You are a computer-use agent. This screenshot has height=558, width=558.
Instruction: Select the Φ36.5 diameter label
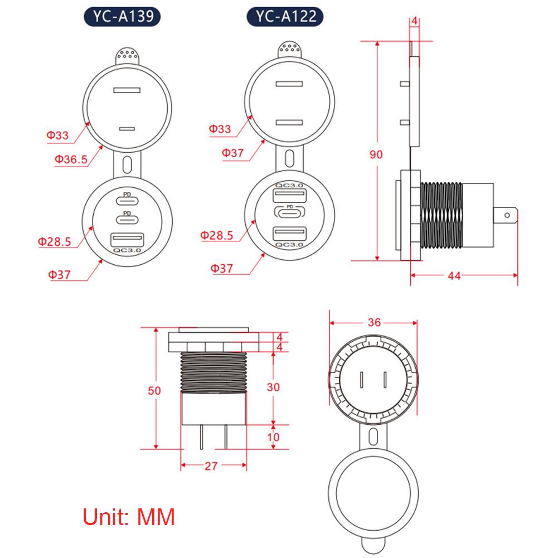(x=71, y=160)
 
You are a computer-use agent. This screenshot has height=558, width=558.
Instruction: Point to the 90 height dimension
(x=376, y=154)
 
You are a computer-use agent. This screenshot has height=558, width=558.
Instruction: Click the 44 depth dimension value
(x=454, y=275)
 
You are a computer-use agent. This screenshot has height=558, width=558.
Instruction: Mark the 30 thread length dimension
(x=274, y=387)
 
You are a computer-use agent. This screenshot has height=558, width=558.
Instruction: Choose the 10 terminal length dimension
(x=274, y=437)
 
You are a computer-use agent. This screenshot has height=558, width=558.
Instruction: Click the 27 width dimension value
(x=210, y=466)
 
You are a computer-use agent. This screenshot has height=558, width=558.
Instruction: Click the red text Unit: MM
(x=129, y=517)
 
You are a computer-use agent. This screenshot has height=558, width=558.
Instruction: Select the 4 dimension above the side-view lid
(x=414, y=22)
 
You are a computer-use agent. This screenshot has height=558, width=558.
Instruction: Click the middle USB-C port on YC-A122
(x=289, y=213)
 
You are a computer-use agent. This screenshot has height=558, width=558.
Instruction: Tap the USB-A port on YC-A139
(x=128, y=240)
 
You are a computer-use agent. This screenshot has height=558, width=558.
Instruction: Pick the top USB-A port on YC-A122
(x=289, y=196)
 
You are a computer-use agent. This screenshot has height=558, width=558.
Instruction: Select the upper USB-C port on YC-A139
(x=128, y=200)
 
